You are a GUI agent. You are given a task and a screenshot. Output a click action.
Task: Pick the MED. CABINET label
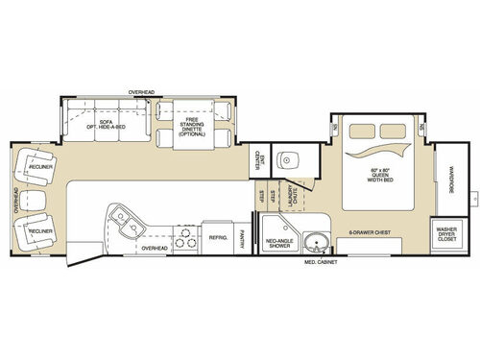pos(320,261)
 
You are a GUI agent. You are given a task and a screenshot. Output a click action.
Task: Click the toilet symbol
pos(284,159)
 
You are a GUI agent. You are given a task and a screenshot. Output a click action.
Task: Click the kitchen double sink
pos(126,224)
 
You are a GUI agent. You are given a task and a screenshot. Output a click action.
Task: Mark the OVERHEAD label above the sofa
pos(143,92)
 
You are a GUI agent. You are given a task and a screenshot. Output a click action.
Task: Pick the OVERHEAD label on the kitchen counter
pos(154,248)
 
